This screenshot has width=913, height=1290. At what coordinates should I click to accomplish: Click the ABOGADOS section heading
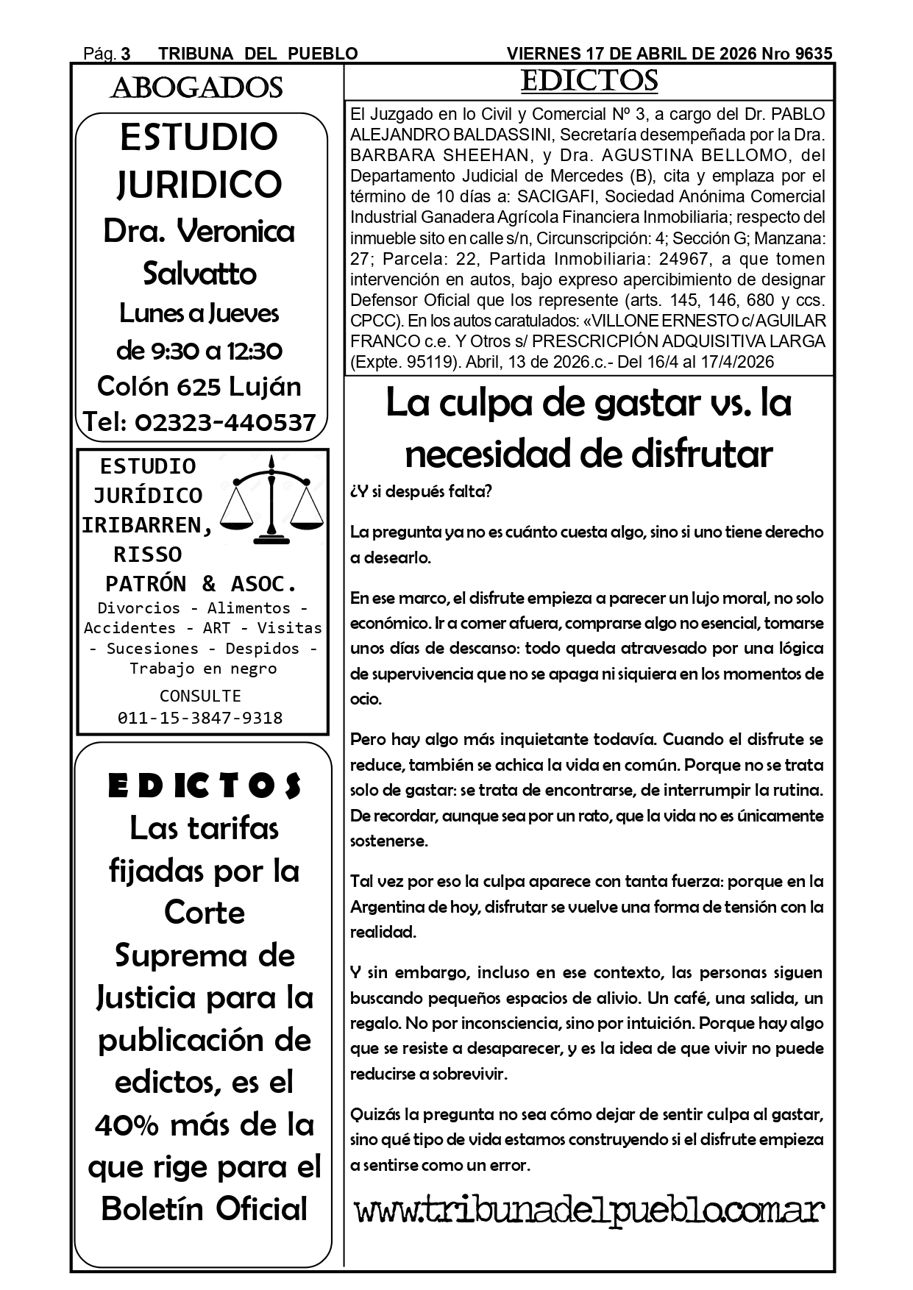(196, 88)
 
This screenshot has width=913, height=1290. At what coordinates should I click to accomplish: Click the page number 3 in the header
(126, 54)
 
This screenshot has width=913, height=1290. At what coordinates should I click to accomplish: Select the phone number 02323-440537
(225, 422)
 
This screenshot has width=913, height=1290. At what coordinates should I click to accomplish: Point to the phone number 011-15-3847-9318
(200, 718)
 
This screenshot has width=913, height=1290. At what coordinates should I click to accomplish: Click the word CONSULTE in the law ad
(200, 696)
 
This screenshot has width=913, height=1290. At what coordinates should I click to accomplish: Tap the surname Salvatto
(199, 274)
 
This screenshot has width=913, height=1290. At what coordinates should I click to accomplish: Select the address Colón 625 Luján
(199, 386)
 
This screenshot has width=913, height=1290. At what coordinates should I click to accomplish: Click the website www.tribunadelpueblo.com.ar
(589, 1209)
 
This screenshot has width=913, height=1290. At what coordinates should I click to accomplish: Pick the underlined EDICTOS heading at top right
(589, 81)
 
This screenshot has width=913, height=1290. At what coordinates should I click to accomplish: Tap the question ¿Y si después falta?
(421, 491)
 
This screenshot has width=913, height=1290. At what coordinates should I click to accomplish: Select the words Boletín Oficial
(204, 1209)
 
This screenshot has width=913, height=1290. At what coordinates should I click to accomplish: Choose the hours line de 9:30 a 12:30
(199, 350)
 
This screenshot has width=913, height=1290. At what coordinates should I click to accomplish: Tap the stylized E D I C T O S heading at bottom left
(204, 786)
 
